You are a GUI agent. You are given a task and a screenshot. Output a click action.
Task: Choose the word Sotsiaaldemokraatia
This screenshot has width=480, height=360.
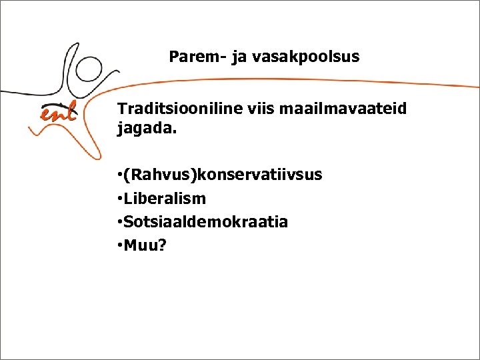[x=206, y=222]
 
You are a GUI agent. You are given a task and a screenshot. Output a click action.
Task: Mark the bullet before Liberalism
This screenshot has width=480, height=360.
[x=119, y=199]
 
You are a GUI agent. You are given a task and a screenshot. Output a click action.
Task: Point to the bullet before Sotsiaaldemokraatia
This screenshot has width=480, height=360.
[x=119, y=222]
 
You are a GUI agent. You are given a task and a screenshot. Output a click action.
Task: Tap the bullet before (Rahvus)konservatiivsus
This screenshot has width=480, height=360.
[x=119, y=175]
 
